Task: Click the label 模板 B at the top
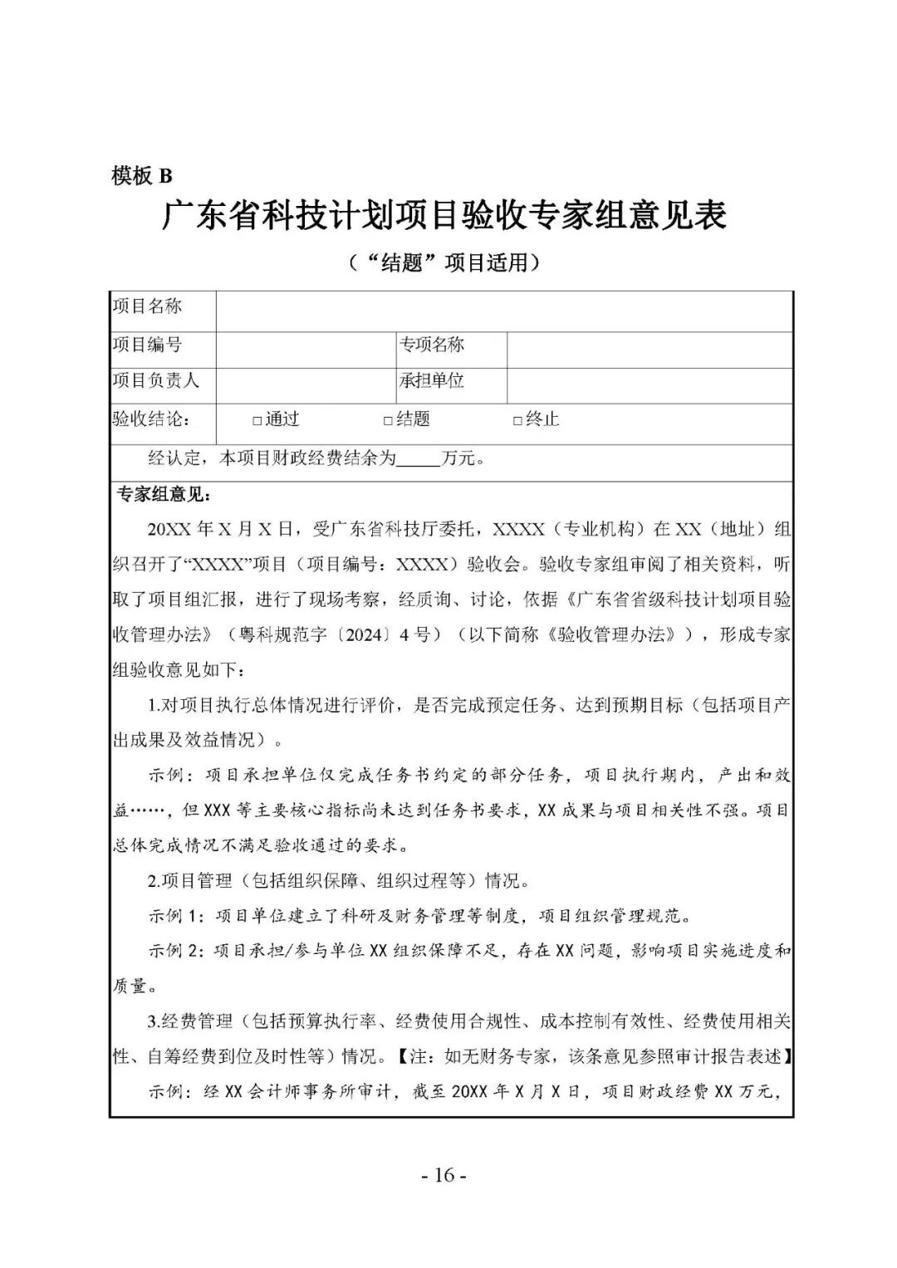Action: [x=141, y=175]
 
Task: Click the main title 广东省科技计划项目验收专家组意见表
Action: [x=444, y=216]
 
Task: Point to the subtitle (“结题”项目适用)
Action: [x=444, y=263]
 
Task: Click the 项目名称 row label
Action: [x=147, y=306]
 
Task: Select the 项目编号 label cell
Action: [x=147, y=345]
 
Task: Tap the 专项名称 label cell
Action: [x=432, y=345]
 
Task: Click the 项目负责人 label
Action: [x=156, y=381]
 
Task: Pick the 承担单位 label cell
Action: [x=432, y=381]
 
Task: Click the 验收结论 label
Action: [x=151, y=419]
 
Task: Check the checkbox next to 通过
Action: [x=257, y=421]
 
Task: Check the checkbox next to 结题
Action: [x=388, y=421]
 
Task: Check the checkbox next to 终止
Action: [x=517, y=421]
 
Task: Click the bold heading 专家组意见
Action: [x=164, y=495]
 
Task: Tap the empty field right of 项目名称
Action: [x=503, y=311]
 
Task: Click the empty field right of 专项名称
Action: [x=649, y=349]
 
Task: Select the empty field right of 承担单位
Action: [x=649, y=385]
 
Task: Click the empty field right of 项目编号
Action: [x=306, y=349]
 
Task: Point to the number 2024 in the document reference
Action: [x=363, y=635]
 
